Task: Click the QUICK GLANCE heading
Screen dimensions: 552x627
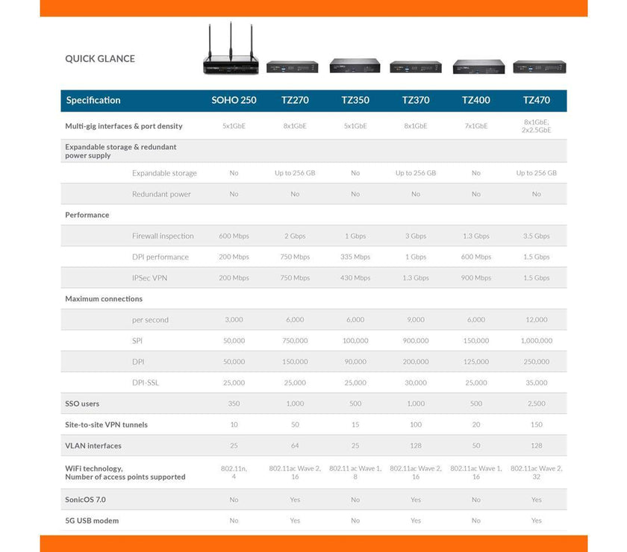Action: pyautogui.click(x=100, y=59)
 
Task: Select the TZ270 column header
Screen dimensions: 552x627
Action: pyautogui.click(x=295, y=100)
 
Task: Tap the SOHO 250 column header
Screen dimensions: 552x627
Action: pyautogui.click(x=234, y=100)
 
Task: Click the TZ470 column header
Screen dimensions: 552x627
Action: pyautogui.click(x=536, y=100)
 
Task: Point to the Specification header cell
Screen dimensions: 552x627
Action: pyautogui.click(x=93, y=100)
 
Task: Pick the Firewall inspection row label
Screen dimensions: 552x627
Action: pyautogui.click(x=163, y=236)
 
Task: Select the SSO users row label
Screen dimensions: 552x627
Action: pyautogui.click(x=82, y=404)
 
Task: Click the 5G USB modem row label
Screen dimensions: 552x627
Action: pyautogui.click(x=92, y=521)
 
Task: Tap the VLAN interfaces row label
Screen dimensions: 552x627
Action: pyautogui.click(x=94, y=445)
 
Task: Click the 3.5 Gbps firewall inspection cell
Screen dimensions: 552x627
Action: pyautogui.click(x=536, y=236)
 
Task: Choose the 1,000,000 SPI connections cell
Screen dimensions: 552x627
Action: pyautogui.click(x=536, y=341)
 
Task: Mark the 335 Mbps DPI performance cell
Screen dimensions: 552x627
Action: pyautogui.click(x=355, y=257)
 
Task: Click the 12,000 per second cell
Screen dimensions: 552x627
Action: pyautogui.click(x=536, y=320)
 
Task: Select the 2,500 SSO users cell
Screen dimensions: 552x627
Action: pyautogui.click(x=536, y=404)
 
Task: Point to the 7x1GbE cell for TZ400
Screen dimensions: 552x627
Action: pyautogui.click(x=475, y=126)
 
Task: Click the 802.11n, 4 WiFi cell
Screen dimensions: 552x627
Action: pyautogui.click(x=234, y=472)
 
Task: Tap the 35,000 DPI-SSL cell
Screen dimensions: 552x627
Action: pyautogui.click(x=536, y=383)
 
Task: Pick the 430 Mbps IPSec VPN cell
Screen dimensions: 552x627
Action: pyautogui.click(x=355, y=277)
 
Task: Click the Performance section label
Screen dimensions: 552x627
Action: pyautogui.click(x=87, y=215)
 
